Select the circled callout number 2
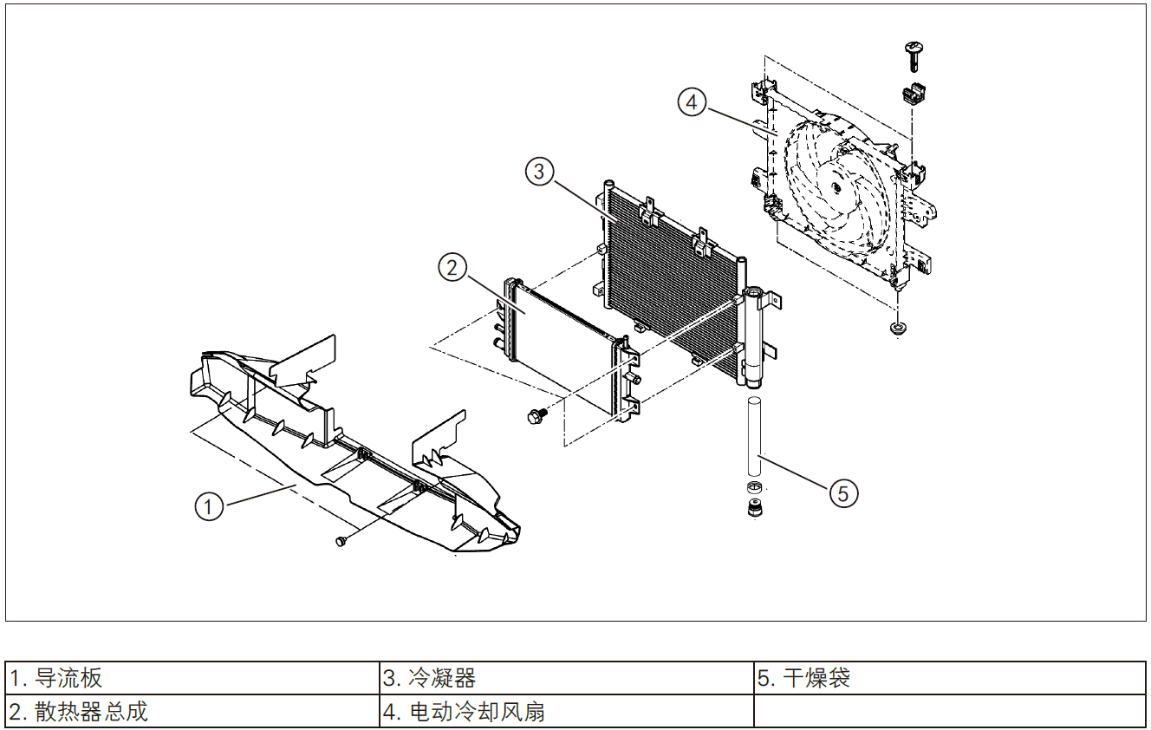pyautogui.click(x=452, y=268)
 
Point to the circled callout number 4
pyautogui.click(x=691, y=102)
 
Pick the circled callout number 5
pyautogui.click(x=843, y=493)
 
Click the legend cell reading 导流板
pyautogui.click(x=192, y=677)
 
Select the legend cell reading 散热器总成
pyautogui.click(x=192, y=712)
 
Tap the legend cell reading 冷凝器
pyautogui.click(x=567, y=677)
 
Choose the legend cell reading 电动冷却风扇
pyautogui.click(x=567, y=712)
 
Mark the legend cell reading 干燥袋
pyautogui.click(x=949, y=677)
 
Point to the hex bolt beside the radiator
pyautogui.click(x=535, y=417)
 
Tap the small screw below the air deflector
pyautogui.click(x=341, y=541)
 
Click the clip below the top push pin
pyautogui.click(x=912, y=90)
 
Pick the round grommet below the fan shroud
pyautogui.click(x=899, y=328)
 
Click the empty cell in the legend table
pyautogui.click(x=949, y=712)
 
